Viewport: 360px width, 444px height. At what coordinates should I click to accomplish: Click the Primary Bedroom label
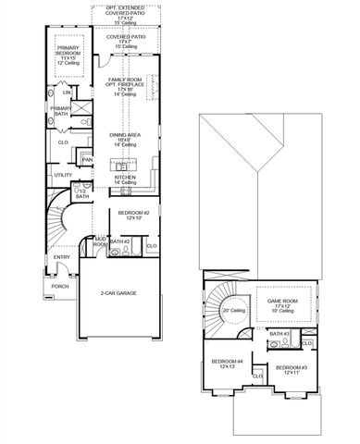tap(68, 53)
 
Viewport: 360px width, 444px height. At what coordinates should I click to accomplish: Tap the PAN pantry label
tap(86, 160)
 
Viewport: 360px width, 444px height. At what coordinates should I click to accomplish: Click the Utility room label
tap(63, 175)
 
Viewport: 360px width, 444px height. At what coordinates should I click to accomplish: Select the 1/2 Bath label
tap(82, 192)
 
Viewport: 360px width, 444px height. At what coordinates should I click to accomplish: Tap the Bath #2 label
tap(118, 241)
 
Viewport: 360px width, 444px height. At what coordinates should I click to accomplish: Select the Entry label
tap(61, 257)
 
